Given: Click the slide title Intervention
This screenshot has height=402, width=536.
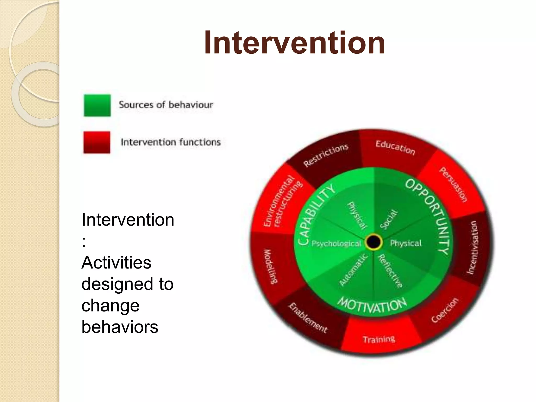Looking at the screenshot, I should click(x=294, y=43).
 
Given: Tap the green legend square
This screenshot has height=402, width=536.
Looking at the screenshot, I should click(x=97, y=105).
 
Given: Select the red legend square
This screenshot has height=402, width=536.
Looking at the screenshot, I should click(x=97, y=142).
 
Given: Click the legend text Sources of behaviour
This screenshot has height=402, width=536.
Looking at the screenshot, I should click(x=166, y=105).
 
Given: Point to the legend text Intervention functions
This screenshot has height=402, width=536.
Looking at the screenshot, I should click(x=171, y=142).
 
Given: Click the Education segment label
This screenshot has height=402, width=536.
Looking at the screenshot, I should click(x=395, y=148).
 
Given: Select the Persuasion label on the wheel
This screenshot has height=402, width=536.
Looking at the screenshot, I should click(x=453, y=185).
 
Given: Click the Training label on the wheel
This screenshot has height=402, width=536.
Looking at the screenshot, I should click(x=379, y=339).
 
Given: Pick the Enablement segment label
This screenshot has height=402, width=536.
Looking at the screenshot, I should click(x=308, y=318).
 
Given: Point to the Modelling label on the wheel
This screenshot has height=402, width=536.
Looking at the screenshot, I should click(x=270, y=266).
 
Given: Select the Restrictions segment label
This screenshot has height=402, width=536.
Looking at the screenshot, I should click(x=326, y=155).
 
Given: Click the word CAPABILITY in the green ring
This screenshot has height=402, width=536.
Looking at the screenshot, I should click(x=316, y=213).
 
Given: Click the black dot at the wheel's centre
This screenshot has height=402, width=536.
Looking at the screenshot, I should click(x=374, y=242).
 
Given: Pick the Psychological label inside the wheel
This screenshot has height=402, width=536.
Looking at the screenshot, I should click(x=336, y=244).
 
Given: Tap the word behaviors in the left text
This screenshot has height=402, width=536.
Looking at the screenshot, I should click(x=120, y=327).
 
